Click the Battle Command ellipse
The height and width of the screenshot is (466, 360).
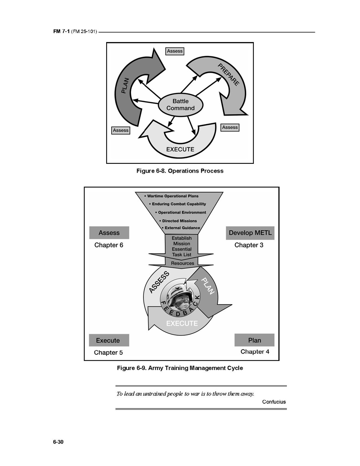180,105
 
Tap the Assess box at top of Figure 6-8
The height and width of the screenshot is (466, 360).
175,51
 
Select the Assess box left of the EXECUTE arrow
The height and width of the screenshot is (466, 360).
121,130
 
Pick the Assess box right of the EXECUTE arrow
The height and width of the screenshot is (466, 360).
230,127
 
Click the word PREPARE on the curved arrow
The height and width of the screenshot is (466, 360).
228,74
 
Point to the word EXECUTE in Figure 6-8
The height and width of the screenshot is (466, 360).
180,149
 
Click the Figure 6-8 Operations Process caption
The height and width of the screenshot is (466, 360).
180,171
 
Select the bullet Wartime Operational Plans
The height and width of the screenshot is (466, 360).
171,196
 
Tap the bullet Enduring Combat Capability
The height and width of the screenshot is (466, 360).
177,204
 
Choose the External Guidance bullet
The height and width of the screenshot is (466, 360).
181,228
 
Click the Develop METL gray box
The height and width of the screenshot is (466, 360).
250,233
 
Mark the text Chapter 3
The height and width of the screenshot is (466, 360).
249,245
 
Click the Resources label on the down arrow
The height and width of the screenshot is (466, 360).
182,263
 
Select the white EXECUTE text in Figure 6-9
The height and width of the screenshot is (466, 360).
182,323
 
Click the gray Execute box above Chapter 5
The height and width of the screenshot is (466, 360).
108,340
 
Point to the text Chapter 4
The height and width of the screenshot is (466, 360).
255,352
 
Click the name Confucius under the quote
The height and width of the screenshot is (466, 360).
274,402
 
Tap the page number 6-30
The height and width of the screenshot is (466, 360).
58,442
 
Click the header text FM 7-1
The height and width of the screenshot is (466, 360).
61,32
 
